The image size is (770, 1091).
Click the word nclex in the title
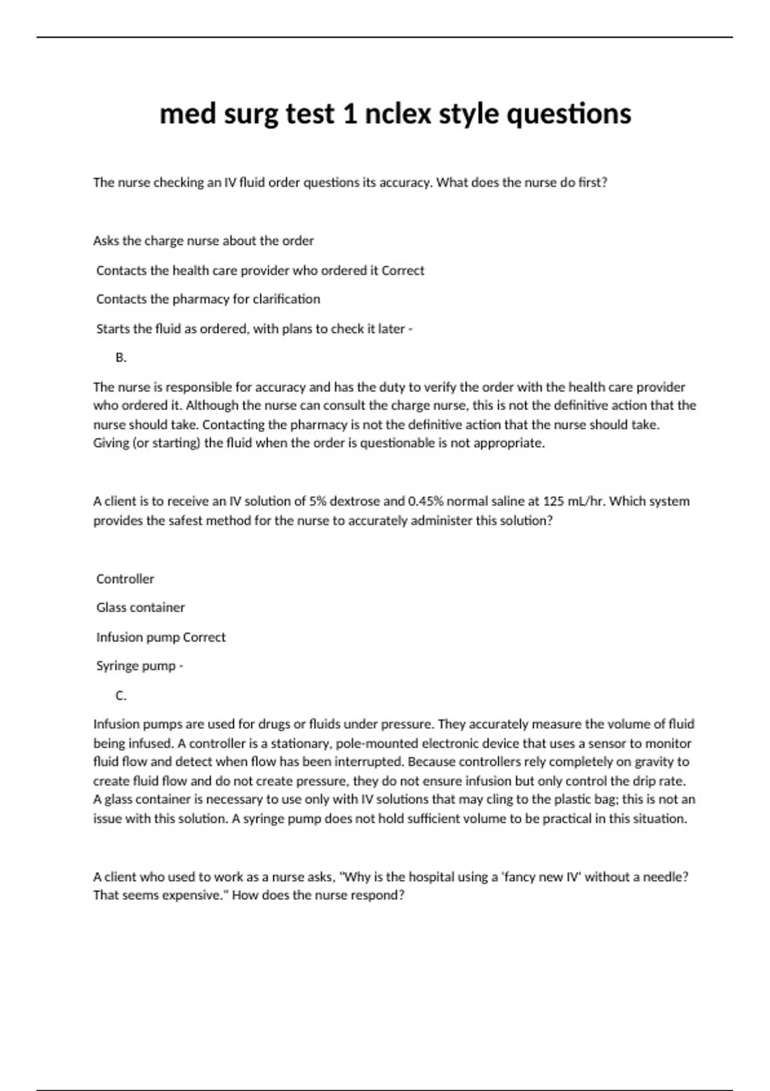point(398,114)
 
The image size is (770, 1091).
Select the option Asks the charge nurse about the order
point(203,241)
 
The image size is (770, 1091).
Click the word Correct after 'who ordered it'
point(403,271)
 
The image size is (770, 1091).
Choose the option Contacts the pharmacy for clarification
point(208,299)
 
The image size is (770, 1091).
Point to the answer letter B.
point(121,357)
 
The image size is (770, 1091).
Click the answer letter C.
point(121,696)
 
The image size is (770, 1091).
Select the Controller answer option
point(125,579)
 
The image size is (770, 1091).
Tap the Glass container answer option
point(141,607)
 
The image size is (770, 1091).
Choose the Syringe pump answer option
point(136,666)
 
